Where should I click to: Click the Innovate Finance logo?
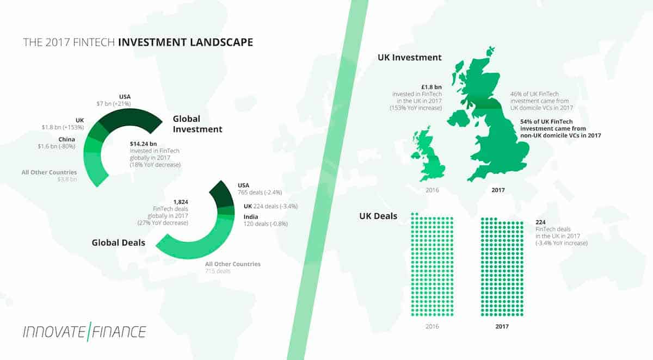[x=84, y=331]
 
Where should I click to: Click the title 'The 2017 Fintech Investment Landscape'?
[x=138, y=42]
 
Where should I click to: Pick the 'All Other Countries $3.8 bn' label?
[x=49, y=175]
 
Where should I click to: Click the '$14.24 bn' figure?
[x=143, y=144]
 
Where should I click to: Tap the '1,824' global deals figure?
[x=180, y=202]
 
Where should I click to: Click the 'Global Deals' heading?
[x=119, y=242]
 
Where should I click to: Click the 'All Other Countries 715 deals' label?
[x=232, y=267]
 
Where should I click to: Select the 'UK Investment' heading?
[x=409, y=58]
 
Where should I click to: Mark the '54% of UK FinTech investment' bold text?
[x=556, y=127]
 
